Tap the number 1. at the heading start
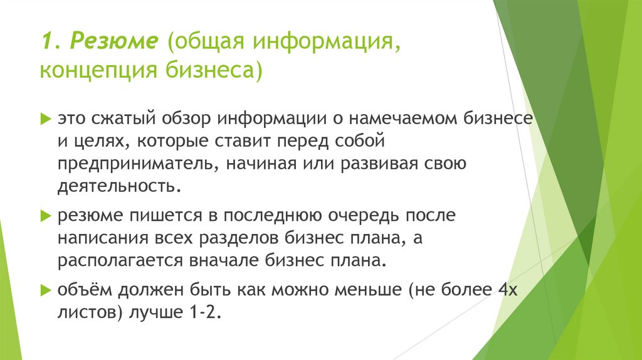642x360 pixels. click(51, 41)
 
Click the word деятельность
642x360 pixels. click(122, 187)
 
